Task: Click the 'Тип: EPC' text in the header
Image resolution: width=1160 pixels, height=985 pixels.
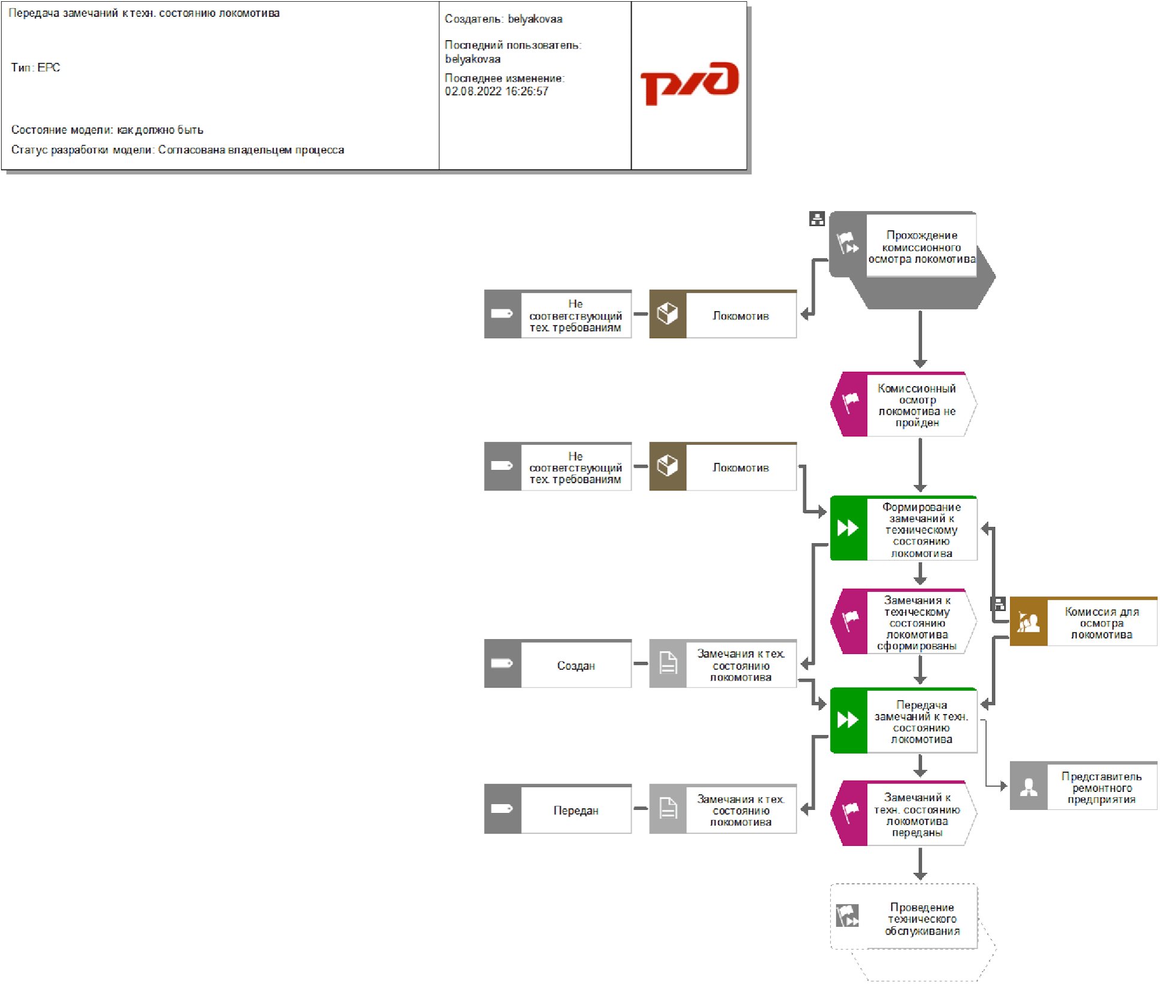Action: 35,68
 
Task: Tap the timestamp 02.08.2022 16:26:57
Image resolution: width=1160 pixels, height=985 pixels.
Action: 496,92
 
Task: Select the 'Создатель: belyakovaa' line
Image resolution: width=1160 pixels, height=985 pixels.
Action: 503,19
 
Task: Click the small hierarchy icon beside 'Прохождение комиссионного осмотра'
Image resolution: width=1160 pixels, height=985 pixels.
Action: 816,219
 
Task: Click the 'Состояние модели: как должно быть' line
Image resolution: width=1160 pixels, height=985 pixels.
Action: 107,130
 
